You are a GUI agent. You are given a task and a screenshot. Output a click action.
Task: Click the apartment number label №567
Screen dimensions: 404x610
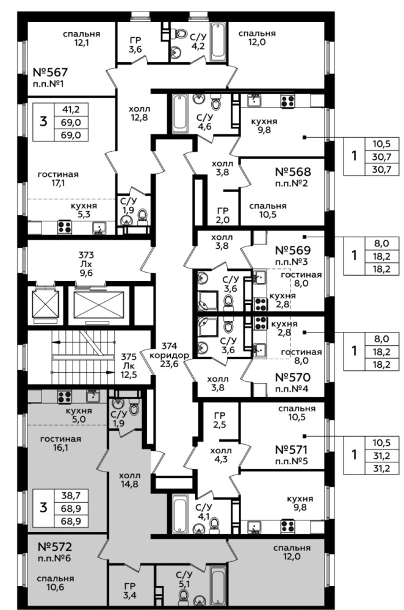pos(50,73)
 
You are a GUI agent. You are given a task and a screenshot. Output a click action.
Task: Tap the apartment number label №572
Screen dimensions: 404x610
pos(55,547)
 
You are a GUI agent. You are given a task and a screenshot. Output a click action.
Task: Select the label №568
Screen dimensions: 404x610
pos(293,171)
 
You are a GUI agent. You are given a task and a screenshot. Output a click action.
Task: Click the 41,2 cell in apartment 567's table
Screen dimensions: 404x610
pos(71,109)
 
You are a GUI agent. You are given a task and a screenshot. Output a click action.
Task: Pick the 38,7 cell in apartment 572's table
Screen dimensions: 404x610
pos(71,495)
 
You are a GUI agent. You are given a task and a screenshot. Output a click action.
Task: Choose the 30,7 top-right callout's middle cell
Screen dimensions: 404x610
pos(381,157)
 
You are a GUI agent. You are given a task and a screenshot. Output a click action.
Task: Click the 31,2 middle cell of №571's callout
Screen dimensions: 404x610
pos(381,456)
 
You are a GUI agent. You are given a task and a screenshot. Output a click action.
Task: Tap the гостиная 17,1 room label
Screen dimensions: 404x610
pos(58,179)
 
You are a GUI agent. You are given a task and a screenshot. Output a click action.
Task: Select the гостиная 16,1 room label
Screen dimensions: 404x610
pos(60,443)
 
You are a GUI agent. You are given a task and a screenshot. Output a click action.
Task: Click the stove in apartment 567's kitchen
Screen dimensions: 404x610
pos(65,227)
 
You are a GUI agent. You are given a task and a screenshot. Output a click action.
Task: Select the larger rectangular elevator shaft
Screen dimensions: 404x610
pos(98,303)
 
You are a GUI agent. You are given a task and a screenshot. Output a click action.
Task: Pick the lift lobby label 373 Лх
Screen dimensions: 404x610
pos(86,264)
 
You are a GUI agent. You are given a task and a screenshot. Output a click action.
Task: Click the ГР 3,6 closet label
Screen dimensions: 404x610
pos(136,44)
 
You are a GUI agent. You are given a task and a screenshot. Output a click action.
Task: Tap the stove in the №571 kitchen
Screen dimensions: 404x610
pos(287,526)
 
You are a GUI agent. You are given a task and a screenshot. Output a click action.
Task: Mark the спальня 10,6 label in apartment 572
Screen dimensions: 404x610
pos(56,583)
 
